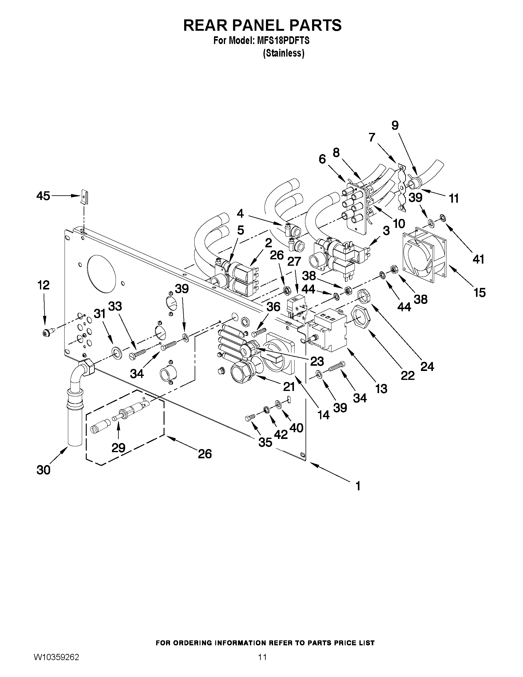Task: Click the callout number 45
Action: coord(43,196)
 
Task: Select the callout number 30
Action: coord(43,470)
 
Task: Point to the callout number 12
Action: coord(43,285)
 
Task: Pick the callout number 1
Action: coord(358,486)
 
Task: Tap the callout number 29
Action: coord(118,447)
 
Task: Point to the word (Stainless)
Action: coord(283,53)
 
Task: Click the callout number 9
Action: coord(395,125)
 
